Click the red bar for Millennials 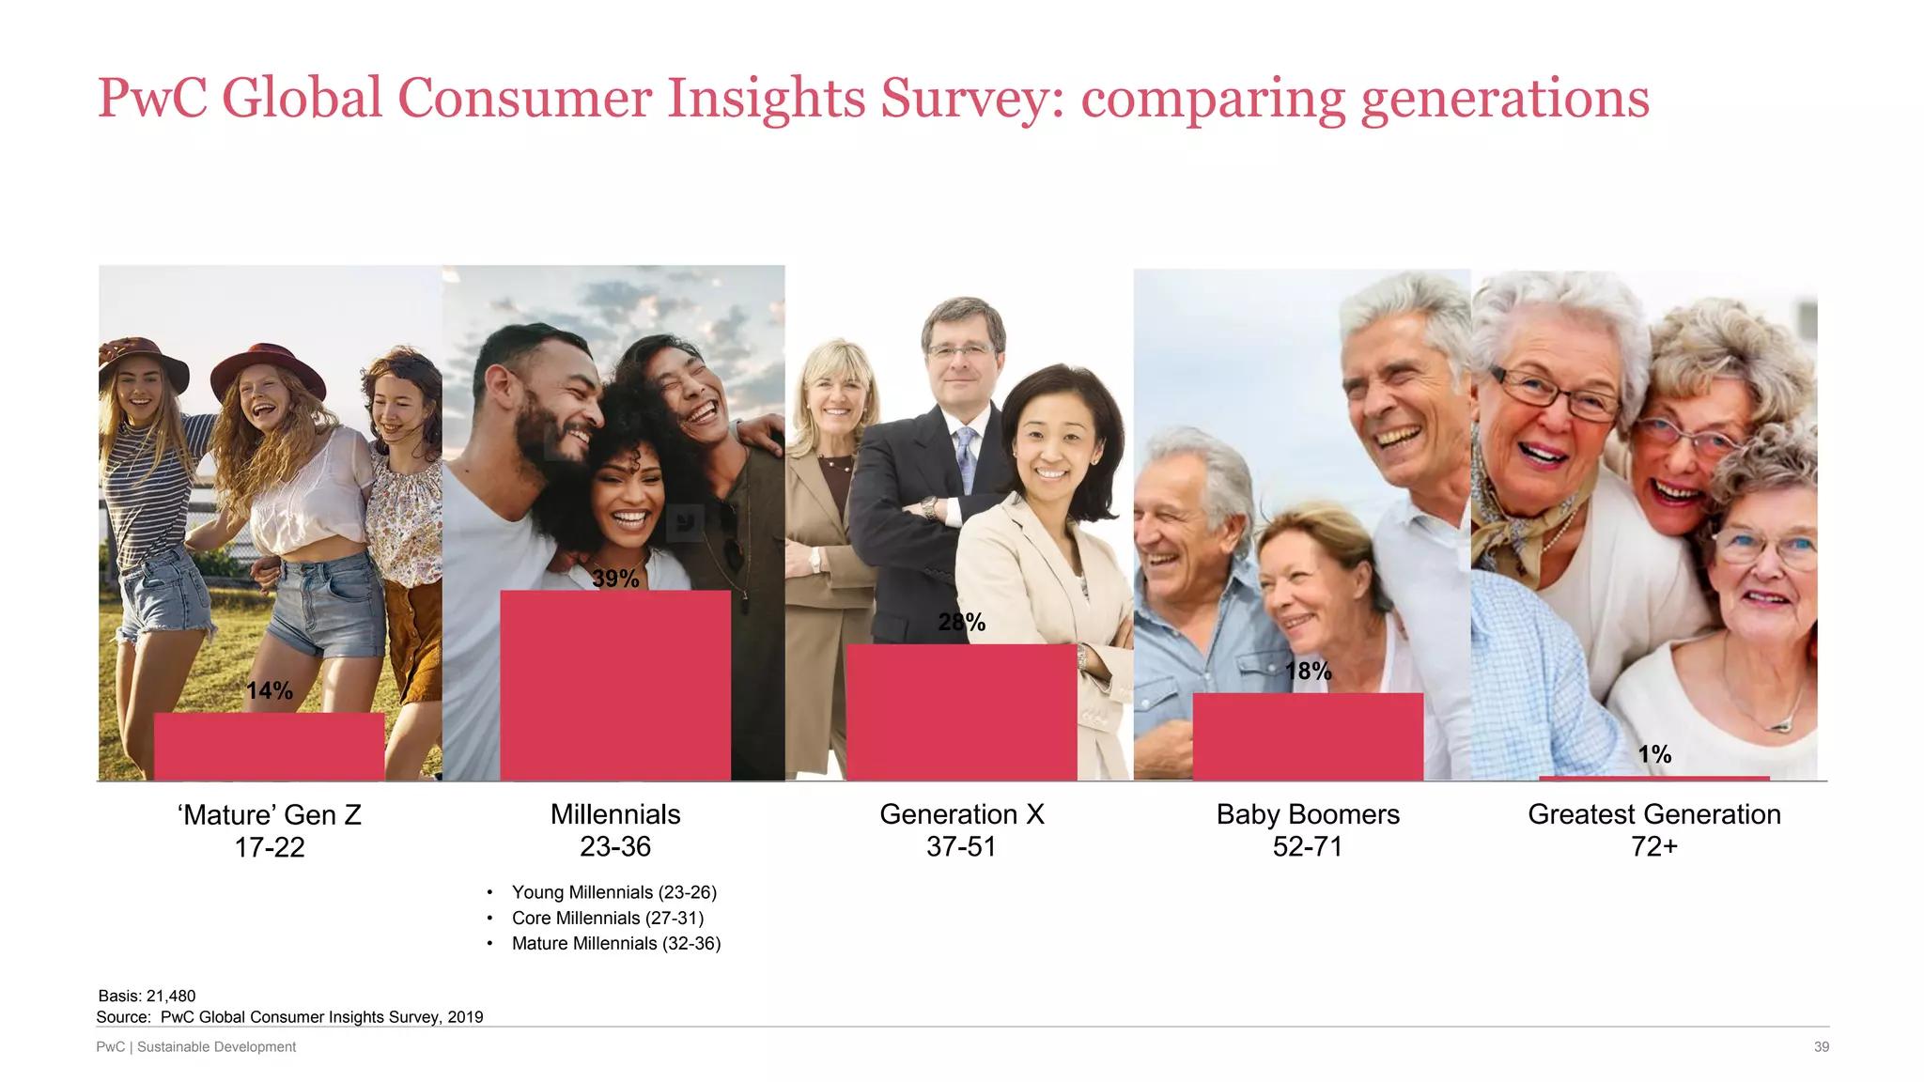(615, 685)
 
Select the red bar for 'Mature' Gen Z (270, 746)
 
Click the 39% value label (615, 579)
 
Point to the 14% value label (270, 691)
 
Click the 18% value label (1308, 671)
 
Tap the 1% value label (1654, 754)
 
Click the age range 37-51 (961, 847)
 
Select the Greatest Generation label (1654, 814)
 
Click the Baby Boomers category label (1308, 814)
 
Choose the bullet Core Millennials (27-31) (607, 918)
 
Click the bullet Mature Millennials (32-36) (615, 943)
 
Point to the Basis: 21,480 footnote (147, 996)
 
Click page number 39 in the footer (1821, 1046)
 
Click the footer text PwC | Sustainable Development (196, 1046)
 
